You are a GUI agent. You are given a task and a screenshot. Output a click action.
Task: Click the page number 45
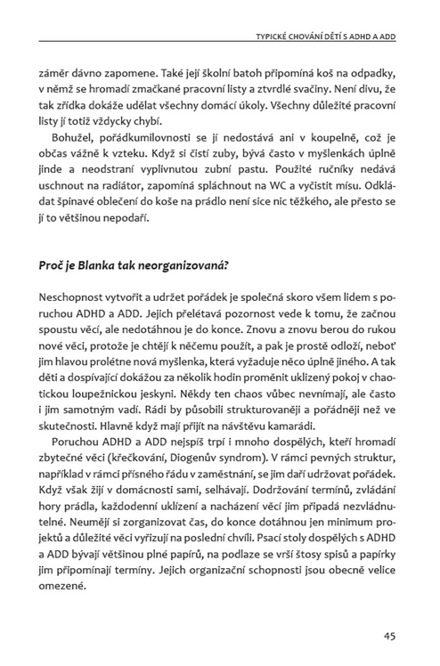389,636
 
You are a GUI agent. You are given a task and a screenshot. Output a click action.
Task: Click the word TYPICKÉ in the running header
277,37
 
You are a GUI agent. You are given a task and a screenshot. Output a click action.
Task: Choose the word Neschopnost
73,295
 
